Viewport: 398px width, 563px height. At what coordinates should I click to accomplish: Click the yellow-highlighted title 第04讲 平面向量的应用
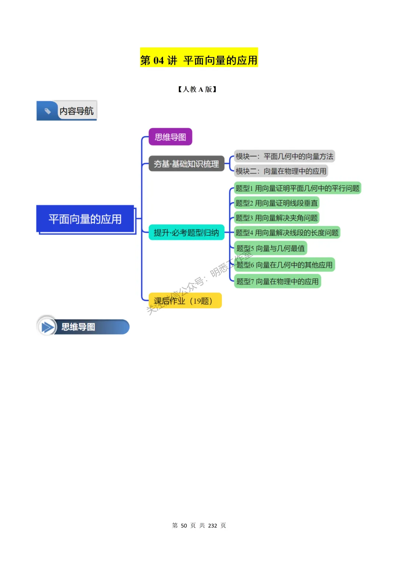[199, 60]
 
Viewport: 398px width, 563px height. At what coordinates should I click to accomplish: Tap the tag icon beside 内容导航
[48, 111]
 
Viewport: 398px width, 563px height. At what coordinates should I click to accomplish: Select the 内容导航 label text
[77, 111]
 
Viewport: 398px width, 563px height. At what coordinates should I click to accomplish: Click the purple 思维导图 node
[170, 137]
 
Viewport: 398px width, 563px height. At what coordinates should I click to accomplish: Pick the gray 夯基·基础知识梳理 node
[186, 164]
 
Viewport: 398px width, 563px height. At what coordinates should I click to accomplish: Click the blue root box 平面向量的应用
[85, 219]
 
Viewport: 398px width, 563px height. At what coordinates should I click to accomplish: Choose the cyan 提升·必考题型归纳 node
[186, 232]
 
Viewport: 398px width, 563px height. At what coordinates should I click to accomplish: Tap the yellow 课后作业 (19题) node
[185, 301]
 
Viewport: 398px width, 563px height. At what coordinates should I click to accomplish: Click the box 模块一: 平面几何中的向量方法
[284, 157]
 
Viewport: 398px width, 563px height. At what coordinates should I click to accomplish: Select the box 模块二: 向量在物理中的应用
[281, 171]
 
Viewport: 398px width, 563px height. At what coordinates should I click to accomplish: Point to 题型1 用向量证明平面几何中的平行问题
[297, 188]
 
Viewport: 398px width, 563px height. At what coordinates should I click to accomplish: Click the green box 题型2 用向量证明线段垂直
[276, 203]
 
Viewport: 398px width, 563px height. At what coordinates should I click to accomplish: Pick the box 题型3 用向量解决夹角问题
[276, 218]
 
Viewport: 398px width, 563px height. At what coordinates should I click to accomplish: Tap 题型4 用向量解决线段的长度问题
[287, 232]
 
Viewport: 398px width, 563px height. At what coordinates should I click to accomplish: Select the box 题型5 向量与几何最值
[270, 248]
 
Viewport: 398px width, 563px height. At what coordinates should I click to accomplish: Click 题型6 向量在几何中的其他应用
[284, 265]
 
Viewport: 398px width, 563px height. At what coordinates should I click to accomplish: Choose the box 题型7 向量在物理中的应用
[277, 281]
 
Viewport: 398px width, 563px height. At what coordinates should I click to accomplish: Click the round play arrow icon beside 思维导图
[47, 327]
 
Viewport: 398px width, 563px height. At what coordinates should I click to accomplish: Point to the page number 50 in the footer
[184, 525]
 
